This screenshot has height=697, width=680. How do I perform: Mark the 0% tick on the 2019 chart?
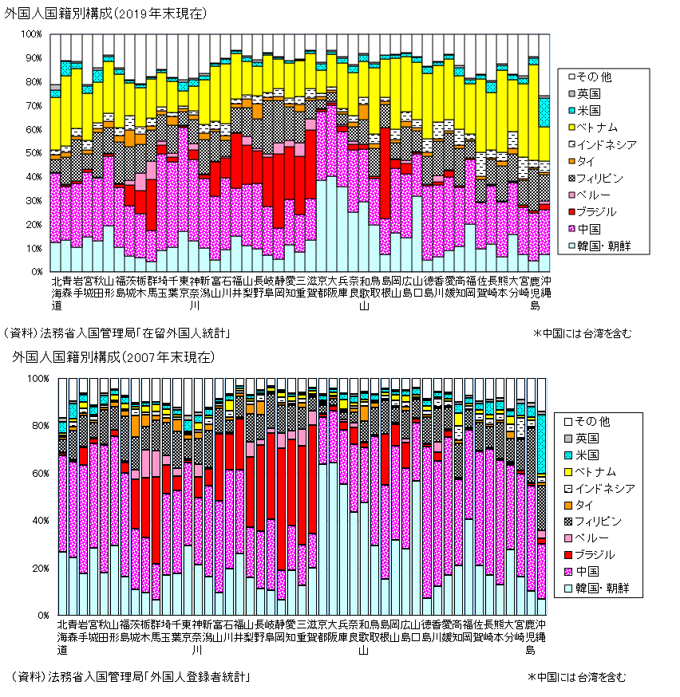point(36,272)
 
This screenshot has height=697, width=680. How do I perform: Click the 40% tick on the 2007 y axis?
point(38,521)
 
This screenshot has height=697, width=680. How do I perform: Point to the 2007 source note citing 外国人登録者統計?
point(132,677)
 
